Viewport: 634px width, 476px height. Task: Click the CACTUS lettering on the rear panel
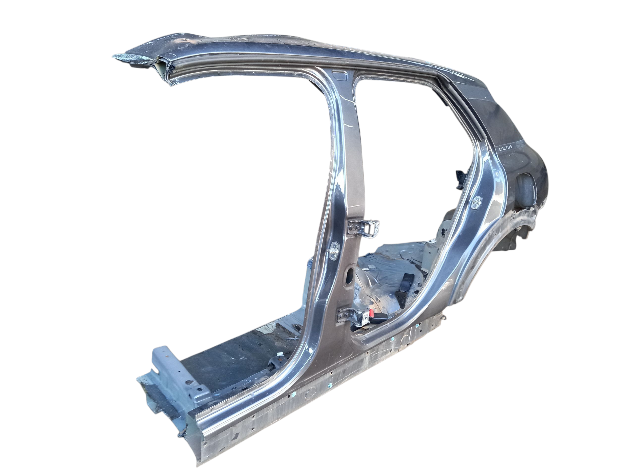coord(506,148)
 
